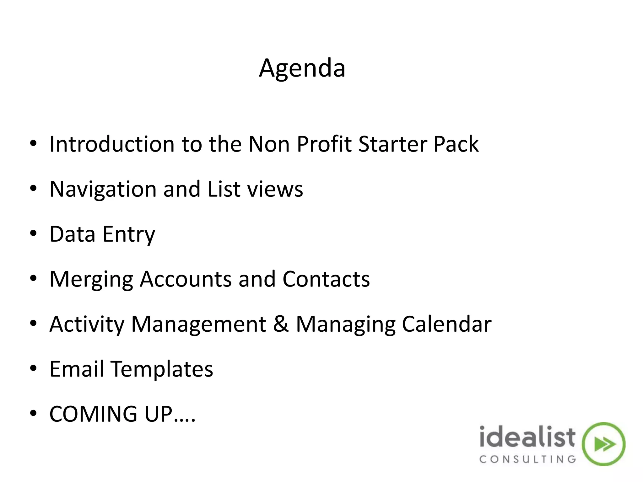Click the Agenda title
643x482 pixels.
(302, 68)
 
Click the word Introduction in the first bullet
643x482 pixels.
(112, 144)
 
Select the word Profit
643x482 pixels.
(324, 144)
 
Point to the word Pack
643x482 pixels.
(456, 144)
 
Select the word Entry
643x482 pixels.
(129, 234)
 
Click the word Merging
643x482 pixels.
(91, 279)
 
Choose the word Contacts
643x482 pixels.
(326, 279)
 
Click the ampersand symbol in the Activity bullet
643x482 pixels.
(281, 324)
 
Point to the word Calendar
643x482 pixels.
(446, 324)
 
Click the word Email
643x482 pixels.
(77, 369)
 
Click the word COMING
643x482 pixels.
(93, 414)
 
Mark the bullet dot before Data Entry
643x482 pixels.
(33, 234)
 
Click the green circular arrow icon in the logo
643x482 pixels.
(603, 444)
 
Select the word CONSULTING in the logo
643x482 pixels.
(527, 459)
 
